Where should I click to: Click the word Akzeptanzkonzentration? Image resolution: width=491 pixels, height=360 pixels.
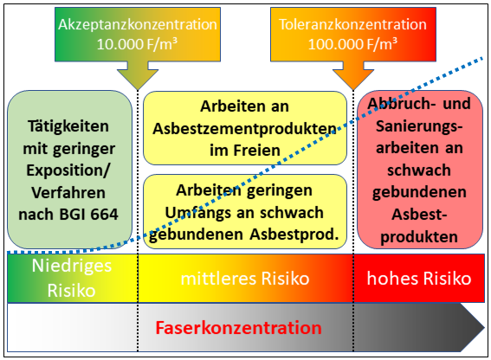pyautogui.click(x=138, y=24)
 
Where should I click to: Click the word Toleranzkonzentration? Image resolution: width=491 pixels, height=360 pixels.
pyautogui.click(x=353, y=24)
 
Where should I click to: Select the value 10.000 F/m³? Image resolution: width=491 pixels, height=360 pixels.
pyautogui.click(x=137, y=44)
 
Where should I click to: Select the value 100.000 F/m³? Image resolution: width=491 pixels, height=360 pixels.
pyautogui.click(x=353, y=44)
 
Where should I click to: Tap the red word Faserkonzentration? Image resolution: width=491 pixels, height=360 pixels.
pyautogui.click(x=239, y=328)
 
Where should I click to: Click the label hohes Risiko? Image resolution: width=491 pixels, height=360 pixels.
pyautogui.click(x=419, y=279)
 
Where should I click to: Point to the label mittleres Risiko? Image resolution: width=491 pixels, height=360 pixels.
pyautogui.click(x=245, y=279)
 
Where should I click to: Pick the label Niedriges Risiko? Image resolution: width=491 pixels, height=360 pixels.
pyautogui.click(x=72, y=278)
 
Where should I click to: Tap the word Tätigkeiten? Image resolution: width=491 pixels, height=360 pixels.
pyautogui.click(x=68, y=126)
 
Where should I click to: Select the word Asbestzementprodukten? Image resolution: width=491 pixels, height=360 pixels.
pyautogui.click(x=244, y=128)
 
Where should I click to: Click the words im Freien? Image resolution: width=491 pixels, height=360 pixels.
pyautogui.click(x=245, y=151)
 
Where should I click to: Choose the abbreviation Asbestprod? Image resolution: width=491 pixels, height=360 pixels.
pyautogui.click(x=294, y=235)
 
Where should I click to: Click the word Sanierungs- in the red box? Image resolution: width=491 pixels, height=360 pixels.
pyautogui.click(x=419, y=126)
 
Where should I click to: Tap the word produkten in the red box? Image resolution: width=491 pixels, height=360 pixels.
pyautogui.click(x=419, y=237)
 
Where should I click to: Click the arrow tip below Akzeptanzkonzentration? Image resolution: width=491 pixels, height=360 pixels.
pyautogui.click(x=138, y=89)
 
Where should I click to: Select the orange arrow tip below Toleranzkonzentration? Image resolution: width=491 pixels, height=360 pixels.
pyautogui.click(x=353, y=89)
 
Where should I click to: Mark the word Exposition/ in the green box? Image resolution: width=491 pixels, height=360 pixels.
pyautogui.click(x=68, y=170)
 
